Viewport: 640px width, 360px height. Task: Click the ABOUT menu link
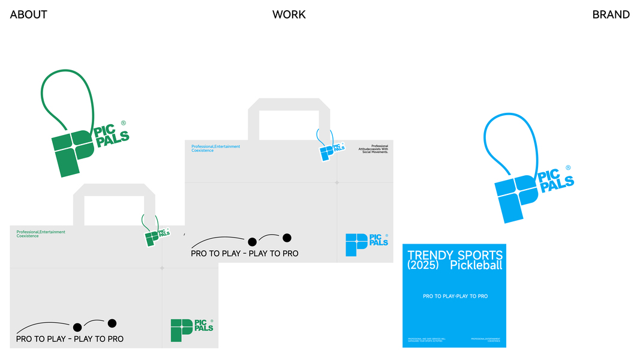pos(28,14)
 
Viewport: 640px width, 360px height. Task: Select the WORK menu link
pos(289,14)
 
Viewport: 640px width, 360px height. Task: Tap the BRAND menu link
pos(611,14)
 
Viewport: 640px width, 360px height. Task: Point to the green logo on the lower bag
pos(191,330)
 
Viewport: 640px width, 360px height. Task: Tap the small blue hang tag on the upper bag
pos(329,150)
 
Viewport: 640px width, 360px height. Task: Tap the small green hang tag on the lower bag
pos(154,236)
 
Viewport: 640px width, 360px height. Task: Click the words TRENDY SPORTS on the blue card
pos(455,256)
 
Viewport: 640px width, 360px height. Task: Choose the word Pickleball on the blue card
pos(476,265)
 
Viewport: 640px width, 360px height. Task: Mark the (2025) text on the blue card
pos(423,265)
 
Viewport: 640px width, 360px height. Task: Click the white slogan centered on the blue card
pos(455,296)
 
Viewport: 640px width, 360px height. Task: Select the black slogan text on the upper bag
pos(244,254)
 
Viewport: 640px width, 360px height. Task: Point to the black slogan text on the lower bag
pos(70,339)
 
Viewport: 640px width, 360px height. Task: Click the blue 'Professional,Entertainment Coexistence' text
pos(215,148)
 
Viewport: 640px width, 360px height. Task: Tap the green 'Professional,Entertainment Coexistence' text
pos(41,234)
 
